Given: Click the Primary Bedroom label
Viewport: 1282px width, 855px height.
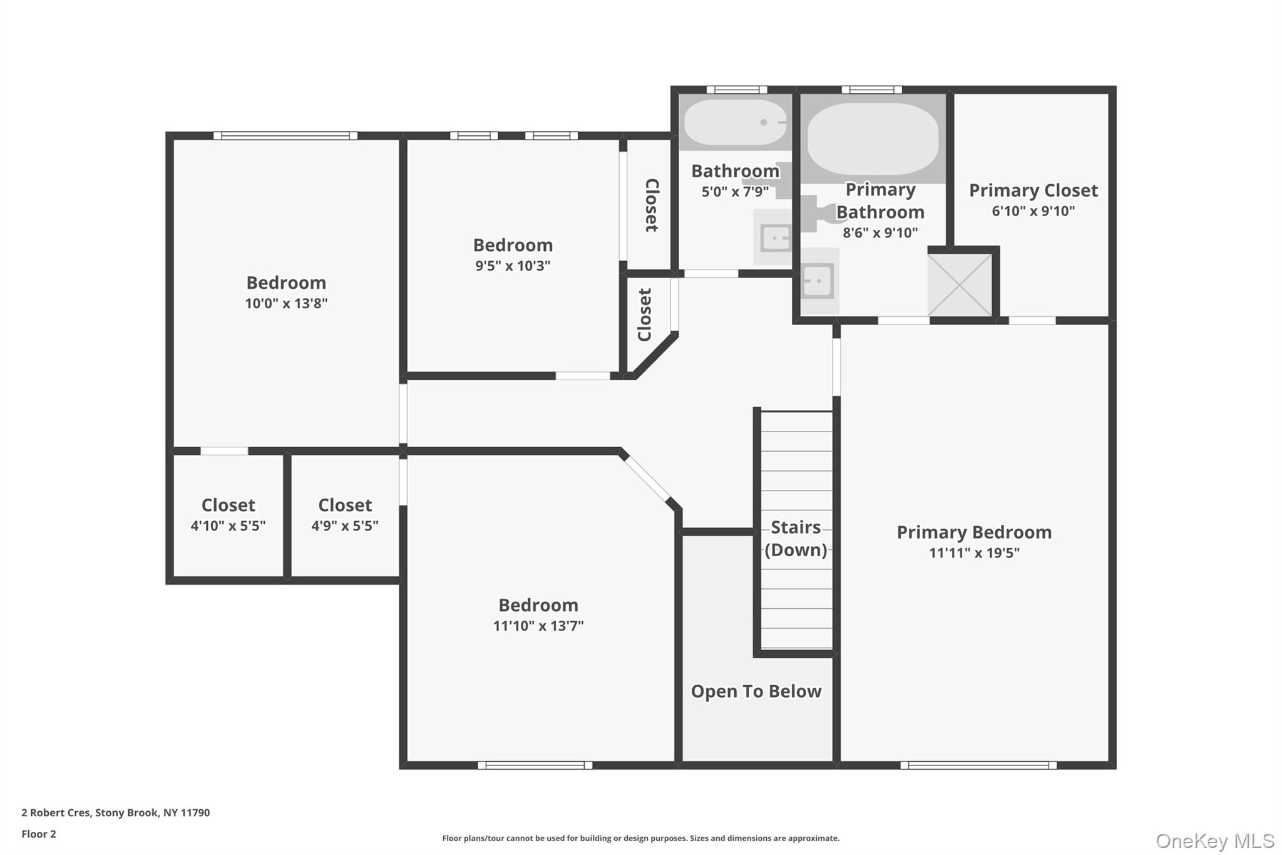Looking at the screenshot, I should pyautogui.click(x=974, y=532).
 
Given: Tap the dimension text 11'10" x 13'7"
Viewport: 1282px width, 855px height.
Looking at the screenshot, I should pyautogui.click(x=538, y=626).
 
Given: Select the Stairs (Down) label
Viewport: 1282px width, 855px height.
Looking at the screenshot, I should pyautogui.click(x=796, y=539).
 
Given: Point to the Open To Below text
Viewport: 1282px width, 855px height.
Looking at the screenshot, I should pyautogui.click(x=756, y=692).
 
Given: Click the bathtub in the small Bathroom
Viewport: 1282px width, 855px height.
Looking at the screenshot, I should pyautogui.click(x=735, y=123).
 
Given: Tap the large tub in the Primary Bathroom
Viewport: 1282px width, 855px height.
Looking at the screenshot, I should pyautogui.click(x=873, y=138).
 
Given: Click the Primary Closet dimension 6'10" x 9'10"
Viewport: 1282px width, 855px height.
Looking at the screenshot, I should pyautogui.click(x=1033, y=211).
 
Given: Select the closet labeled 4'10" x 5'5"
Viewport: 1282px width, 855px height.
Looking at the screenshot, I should pyautogui.click(x=228, y=515).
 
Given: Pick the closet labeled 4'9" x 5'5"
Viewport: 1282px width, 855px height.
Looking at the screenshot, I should pyautogui.click(x=345, y=515).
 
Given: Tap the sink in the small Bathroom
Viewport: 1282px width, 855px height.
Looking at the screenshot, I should pyautogui.click(x=776, y=238).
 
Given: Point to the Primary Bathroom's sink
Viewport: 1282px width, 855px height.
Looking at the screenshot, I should pyautogui.click(x=818, y=281).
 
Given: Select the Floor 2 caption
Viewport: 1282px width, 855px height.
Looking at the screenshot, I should pyautogui.click(x=39, y=834).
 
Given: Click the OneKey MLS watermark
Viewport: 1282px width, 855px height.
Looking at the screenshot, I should pyautogui.click(x=1214, y=841).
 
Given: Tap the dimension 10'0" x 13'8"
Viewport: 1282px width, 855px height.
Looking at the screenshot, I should pyautogui.click(x=286, y=304).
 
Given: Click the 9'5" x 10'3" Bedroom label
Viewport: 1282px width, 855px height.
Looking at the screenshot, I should pyautogui.click(x=513, y=245).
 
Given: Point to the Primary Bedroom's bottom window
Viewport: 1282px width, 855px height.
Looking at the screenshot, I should pyautogui.click(x=978, y=765).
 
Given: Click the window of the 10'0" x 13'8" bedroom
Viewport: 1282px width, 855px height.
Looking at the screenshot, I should pyautogui.click(x=285, y=135).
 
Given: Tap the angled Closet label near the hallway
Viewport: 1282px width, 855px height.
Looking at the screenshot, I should pyautogui.click(x=645, y=314).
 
